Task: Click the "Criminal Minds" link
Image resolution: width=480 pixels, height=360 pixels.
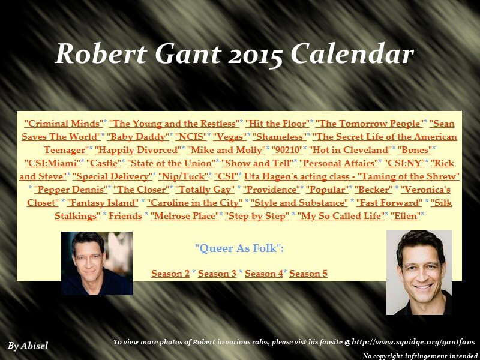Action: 64,124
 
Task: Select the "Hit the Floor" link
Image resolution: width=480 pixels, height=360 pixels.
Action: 278,124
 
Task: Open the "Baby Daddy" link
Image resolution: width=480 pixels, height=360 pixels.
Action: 138,137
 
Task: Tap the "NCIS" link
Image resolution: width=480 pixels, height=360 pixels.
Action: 191,137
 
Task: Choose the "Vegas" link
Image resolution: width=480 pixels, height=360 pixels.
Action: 230,137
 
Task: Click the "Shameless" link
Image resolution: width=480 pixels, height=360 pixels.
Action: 280,137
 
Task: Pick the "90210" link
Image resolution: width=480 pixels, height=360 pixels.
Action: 287,150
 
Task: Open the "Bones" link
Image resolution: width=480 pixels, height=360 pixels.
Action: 415,150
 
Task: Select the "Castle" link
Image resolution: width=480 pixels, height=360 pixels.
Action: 104,163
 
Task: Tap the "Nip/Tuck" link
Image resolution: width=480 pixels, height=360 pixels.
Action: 184,176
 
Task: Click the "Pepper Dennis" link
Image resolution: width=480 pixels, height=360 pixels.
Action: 71,190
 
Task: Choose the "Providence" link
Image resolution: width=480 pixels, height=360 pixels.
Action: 272,190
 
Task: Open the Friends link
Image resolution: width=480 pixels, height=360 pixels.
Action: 125,216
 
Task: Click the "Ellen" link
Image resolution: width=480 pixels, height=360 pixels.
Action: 406,216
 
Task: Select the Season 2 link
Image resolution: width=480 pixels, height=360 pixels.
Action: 170,274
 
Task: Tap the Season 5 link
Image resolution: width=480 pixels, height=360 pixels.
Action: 308,274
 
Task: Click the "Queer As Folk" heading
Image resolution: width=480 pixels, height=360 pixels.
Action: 239,248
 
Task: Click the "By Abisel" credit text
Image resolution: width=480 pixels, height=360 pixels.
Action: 28,346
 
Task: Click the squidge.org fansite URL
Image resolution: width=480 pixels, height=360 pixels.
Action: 413,342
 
